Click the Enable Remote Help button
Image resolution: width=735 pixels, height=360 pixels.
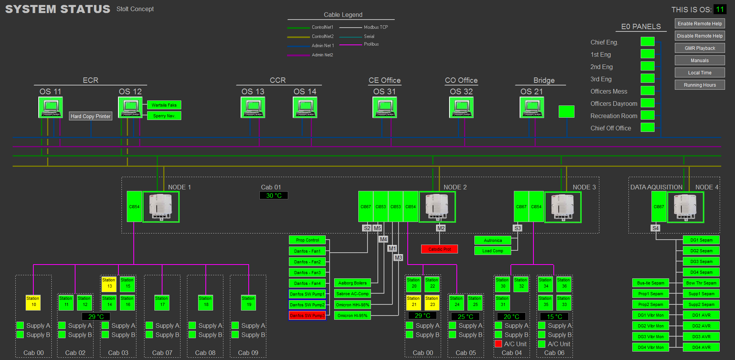(x=699, y=24)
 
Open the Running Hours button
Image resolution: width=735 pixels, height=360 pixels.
(x=699, y=85)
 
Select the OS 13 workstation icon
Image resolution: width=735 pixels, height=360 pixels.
(x=253, y=107)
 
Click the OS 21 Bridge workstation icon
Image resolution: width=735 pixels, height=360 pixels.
(x=532, y=107)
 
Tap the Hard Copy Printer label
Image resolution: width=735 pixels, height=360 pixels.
(x=90, y=116)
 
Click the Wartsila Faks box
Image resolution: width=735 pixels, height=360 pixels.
(x=164, y=105)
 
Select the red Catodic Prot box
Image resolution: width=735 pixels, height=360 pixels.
(x=439, y=249)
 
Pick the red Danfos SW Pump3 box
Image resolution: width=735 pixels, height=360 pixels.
(x=307, y=316)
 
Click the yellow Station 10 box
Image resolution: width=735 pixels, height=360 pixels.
(x=33, y=302)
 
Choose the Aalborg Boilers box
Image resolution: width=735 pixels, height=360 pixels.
(x=352, y=283)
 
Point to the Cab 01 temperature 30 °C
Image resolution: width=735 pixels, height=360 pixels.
(x=274, y=196)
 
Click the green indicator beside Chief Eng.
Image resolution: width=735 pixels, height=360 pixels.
(x=647, y=42)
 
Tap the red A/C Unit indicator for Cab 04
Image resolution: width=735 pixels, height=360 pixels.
(x=498, y=344)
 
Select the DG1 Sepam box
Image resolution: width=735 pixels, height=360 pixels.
(x=701, y=240)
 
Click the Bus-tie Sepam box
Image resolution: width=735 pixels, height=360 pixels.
(x=650, y=283)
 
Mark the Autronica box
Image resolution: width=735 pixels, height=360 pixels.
(x=493, y=240)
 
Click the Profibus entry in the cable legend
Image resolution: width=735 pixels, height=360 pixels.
(x=371, y=44)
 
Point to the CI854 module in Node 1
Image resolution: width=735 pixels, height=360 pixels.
(x=134, y=207)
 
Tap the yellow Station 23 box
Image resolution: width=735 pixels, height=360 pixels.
(x=432, y=302)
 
